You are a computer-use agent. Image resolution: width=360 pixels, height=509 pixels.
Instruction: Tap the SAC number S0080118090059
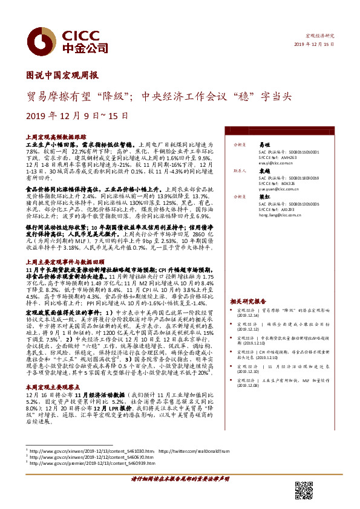coord(296,178)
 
